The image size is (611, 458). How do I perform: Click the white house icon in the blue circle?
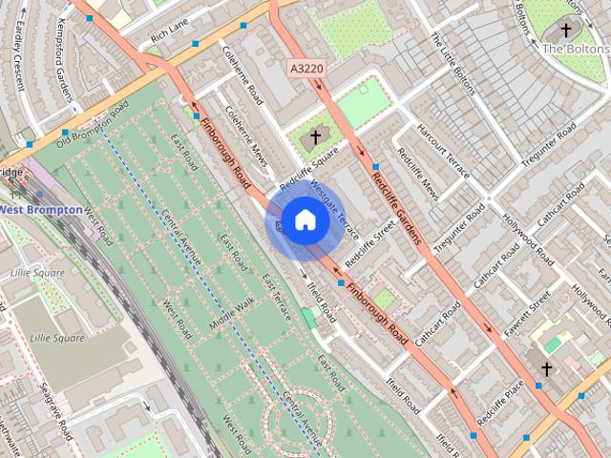pyautogui.click(x=304, y=219)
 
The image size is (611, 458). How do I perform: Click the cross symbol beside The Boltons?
pyautogui.click(x=566, y=31)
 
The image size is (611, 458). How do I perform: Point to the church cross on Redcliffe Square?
pyautogui.click(x=315, y=137)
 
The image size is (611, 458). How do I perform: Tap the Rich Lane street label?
pyautogui.click(x=169, y=36)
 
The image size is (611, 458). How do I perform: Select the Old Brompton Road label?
pyautogui.click(x=92, y=127)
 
